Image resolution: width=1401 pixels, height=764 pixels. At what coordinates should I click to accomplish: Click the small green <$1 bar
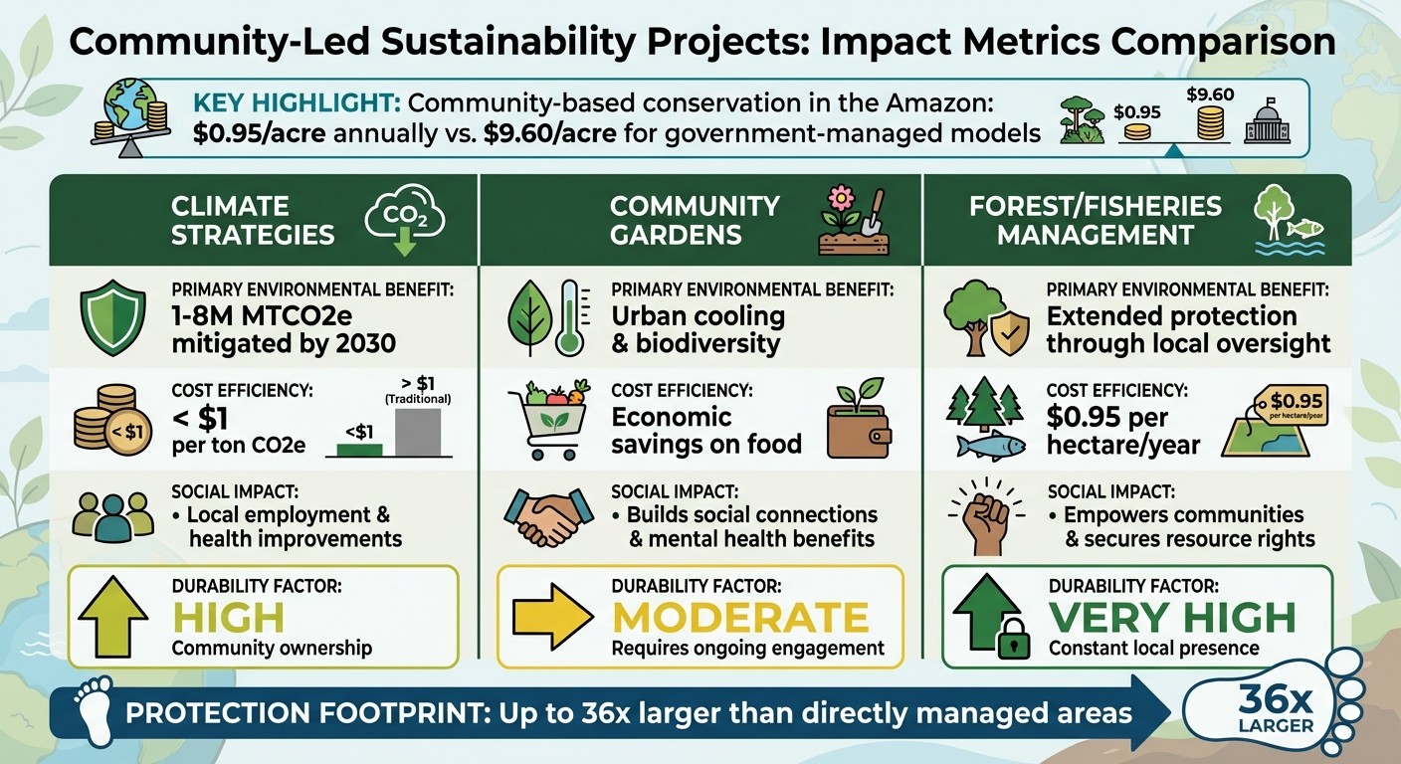tap(359, 450)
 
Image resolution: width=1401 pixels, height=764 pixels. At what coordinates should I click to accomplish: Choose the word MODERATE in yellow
tap(740, 618)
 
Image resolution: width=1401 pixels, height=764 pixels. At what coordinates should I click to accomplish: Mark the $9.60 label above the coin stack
tap(1210, 95)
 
